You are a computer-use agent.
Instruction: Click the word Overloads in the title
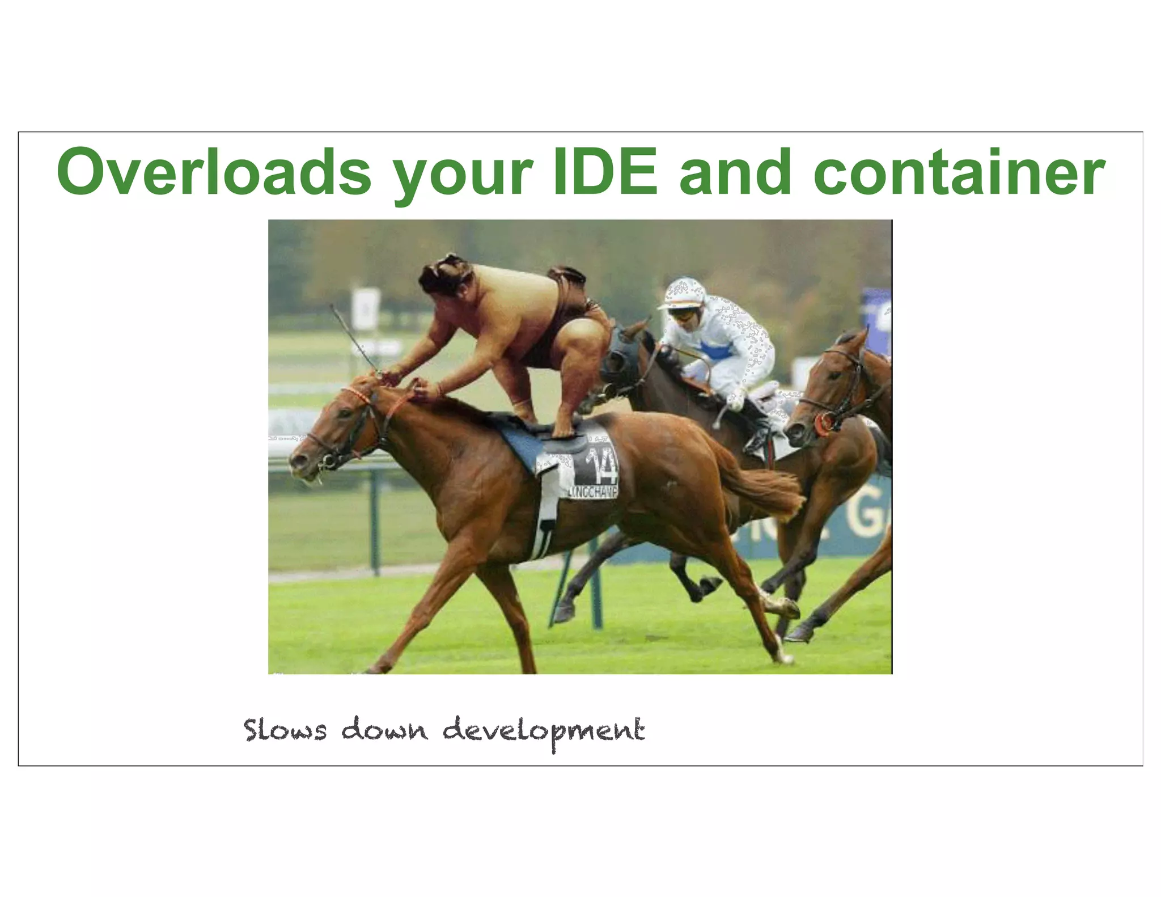[214, 171]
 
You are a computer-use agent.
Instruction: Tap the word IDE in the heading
[605, 171]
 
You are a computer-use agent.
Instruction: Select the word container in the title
[959, 171]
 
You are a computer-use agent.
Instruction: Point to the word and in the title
[735, 171]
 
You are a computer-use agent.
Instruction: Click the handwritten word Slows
[285, 730]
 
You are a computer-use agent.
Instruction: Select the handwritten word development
[544, 731]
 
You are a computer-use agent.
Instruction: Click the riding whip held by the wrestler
[354, 339]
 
